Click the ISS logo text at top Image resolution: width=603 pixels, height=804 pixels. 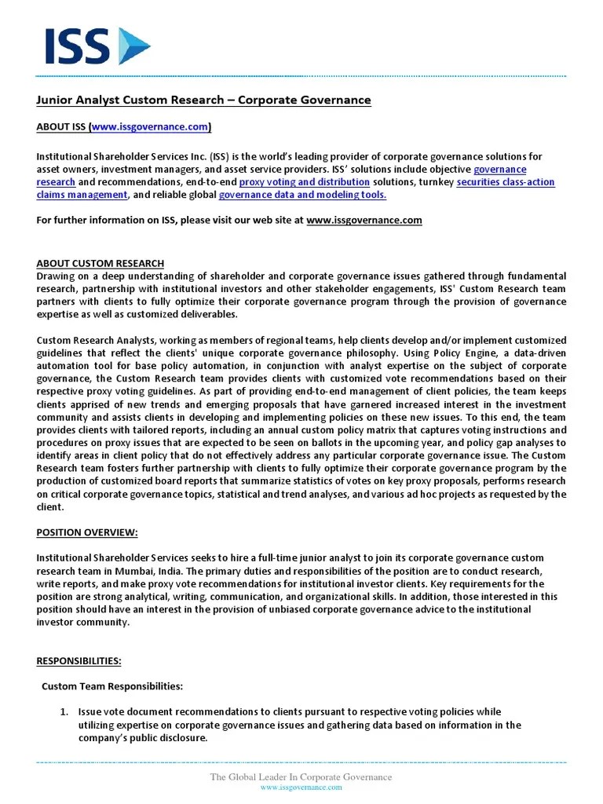pos(77,46)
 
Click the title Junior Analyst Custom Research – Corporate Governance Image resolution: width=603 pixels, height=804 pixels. pos(203,100)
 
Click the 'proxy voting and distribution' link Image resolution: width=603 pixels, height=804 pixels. pos(304,182)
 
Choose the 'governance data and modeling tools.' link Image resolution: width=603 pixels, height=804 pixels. pos(302,195)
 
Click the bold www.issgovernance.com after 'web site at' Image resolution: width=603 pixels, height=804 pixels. pos(364,221)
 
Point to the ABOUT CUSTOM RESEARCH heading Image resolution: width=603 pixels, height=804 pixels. pos(100,264)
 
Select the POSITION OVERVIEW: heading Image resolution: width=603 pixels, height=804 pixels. pos(87,532)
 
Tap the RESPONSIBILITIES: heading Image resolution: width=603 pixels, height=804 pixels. pos(79,660)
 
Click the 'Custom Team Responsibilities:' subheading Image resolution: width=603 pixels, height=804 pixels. pos(111,686)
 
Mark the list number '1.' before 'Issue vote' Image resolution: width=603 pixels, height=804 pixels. pos(65,712)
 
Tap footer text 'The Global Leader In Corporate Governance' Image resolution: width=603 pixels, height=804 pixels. pos(301,777)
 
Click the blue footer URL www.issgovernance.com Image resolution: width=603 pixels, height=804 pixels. pos(301,788)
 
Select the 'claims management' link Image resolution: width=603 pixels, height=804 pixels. pos(82,195)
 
